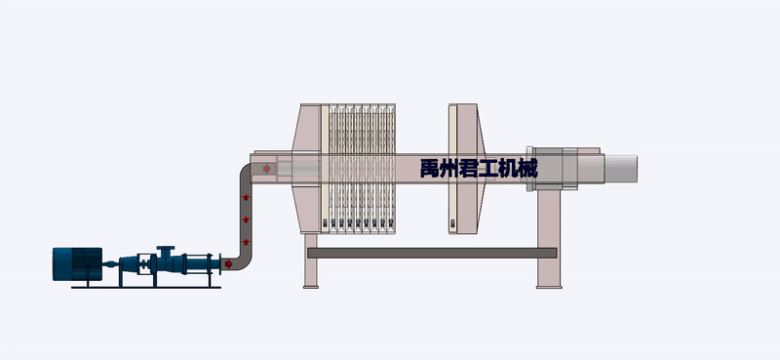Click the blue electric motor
point(77,263)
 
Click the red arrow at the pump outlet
point(228,261)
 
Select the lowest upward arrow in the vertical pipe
point(246,240)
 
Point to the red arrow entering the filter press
point(267,170)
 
